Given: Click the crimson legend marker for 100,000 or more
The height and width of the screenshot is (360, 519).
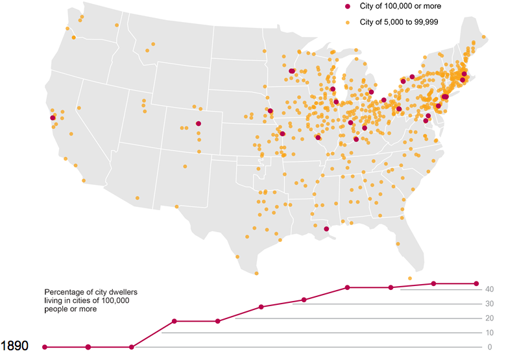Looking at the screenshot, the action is (x=348, y=6).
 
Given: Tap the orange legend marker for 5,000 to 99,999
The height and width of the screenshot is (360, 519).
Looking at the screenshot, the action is (x=348, y=23).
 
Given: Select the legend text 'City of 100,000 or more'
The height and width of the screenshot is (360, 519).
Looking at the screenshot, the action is (x=400, y=6).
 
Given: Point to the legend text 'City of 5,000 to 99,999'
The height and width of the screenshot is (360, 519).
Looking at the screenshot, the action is (x=399, y=22).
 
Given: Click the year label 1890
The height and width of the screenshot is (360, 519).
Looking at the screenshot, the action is (x=14, y=346).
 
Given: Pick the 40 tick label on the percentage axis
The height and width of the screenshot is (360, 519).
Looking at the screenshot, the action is (x=490, y=289).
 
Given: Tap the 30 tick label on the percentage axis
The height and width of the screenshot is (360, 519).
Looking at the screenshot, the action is (x=490, y=304).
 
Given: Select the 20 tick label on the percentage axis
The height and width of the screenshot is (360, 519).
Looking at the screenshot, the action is (x=490, y=318).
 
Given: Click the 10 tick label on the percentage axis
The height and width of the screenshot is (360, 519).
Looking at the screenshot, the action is (x=490, y=333).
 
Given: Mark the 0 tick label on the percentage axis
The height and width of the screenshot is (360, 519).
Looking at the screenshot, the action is (x=490, y=347).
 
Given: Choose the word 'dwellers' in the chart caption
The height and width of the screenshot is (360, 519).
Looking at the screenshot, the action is (x=123, y=292).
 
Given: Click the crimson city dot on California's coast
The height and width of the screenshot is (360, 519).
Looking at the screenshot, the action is (x=53, y=118).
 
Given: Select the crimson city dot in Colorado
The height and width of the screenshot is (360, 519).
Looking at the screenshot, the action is (x=199, y=123).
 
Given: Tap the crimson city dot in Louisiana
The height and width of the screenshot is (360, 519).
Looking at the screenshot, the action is (x=326, y=229).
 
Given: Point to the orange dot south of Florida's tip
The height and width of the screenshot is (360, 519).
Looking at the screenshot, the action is (x=410, y=278).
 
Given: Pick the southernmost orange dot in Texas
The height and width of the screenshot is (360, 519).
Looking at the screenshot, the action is (x=256, y=273).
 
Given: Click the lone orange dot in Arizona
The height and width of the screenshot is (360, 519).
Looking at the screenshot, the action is (x=138, y=198).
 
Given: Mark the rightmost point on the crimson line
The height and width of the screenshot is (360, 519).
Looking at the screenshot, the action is (x=476, y=283).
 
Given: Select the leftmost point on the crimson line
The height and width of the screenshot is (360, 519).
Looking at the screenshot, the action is (x=45, y=347).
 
